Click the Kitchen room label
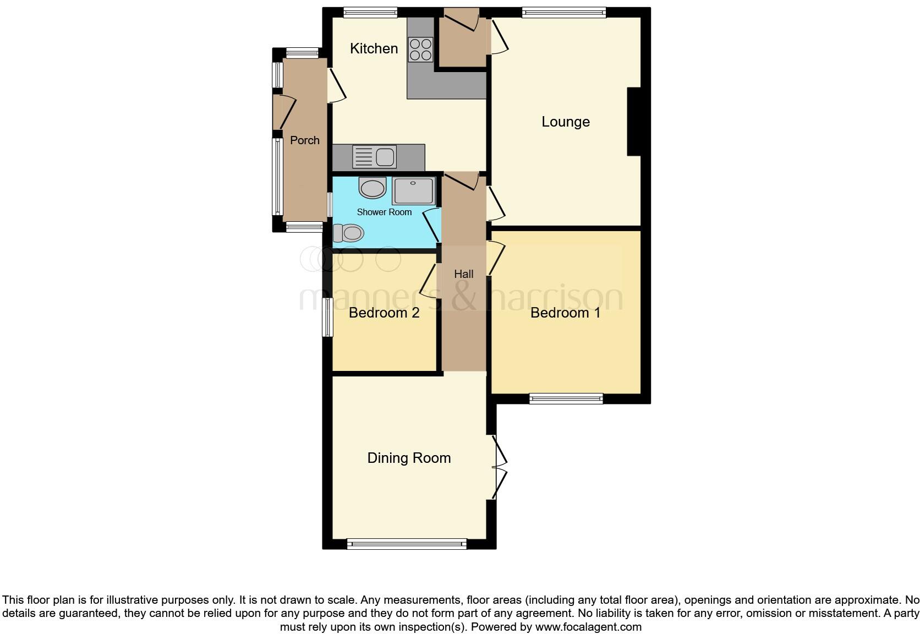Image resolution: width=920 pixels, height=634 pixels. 374,48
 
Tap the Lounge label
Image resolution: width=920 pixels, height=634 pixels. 565,122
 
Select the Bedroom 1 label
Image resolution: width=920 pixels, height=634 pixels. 565,313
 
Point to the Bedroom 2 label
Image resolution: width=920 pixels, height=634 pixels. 384,313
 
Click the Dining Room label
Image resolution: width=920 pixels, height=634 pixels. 409,458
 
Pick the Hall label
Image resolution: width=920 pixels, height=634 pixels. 464,274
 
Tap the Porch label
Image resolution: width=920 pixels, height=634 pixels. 305,140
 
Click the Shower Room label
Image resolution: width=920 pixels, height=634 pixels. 384,212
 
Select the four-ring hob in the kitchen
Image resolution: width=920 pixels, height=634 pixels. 420,49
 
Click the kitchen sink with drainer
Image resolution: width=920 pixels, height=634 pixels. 374,157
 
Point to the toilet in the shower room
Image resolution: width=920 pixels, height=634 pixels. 348,233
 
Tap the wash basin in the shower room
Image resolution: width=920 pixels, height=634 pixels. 373,188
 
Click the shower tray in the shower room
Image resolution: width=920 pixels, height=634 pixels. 413,191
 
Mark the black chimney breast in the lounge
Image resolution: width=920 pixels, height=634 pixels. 634,122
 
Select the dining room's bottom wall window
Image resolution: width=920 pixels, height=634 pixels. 407,544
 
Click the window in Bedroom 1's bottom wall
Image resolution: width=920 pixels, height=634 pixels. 566,398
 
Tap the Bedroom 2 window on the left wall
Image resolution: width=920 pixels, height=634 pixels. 327,317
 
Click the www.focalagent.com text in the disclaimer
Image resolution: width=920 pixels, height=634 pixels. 588,626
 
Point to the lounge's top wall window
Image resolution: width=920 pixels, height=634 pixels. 564,12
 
